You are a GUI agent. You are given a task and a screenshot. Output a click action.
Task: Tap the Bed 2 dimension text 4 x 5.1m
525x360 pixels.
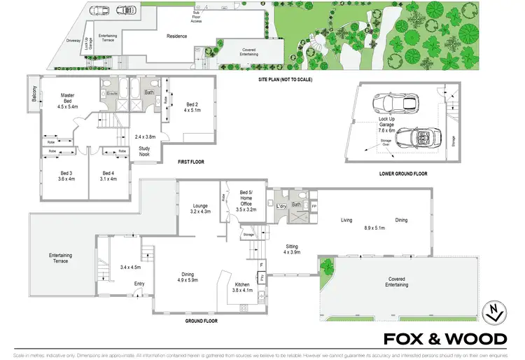tap(191, 109)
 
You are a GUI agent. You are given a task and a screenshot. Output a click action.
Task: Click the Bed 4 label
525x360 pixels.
tap(108, 173)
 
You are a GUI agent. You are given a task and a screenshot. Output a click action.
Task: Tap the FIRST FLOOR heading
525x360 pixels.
tap(190, 162)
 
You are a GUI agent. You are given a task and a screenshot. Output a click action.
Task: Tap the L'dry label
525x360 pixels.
tap(282, 205)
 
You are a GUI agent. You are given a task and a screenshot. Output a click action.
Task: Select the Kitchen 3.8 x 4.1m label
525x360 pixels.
tap(246, 286)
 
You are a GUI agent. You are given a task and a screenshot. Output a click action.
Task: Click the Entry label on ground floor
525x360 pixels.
tap(140, 284)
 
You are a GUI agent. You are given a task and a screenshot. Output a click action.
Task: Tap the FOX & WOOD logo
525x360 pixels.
tap(445, 340)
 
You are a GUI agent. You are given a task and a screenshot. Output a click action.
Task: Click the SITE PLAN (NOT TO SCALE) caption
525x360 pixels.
tap(284, 80)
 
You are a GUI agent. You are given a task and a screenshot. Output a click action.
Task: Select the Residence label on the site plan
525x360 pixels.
tap(176, 36)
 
